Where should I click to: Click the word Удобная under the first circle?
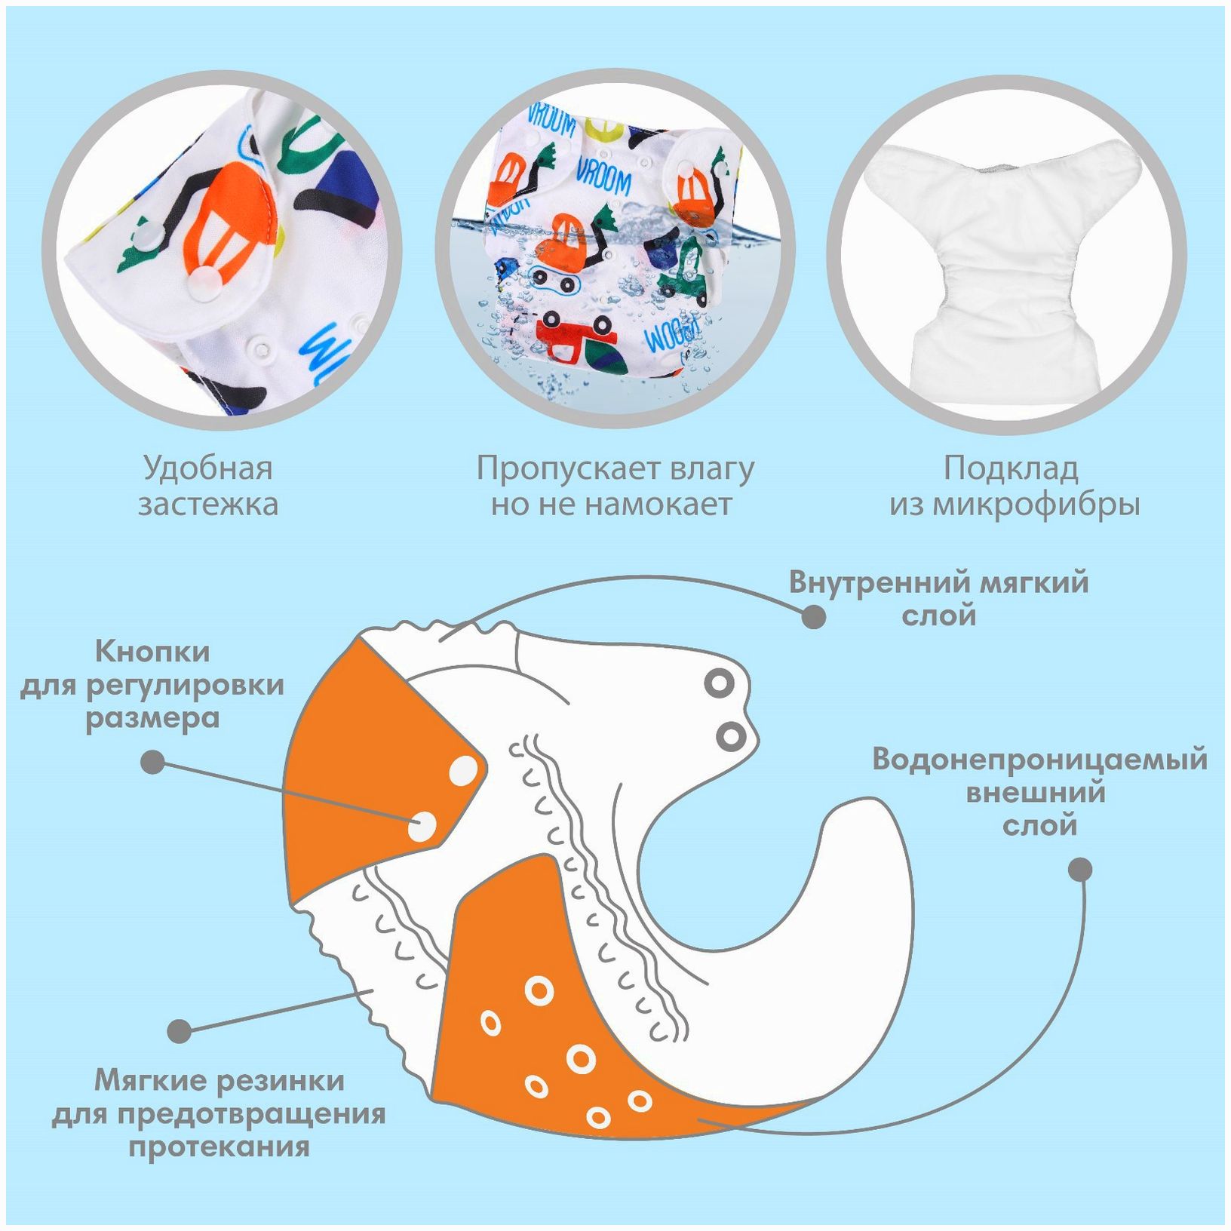pyautogui.click(x=207, y=468)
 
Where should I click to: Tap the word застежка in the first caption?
pyautogui.click(x=207, y=504)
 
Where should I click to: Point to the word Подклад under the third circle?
pyautogui.click(x=1011, y=468)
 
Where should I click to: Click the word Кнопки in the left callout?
pyautogui.click(x=152, y=651)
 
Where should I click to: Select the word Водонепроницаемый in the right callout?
pyautogui.click(x=1039, y=759)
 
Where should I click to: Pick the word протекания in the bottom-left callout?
pyautogui.click(x=219, y=1147)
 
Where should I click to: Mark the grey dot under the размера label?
pyautogui.click(x=153, y=762)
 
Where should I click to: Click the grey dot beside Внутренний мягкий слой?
pyautogui.click(x=813, y=617)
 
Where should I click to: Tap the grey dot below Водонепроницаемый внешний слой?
pyautogui.click(x=1080, y=869)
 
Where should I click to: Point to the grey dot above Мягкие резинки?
pyautogui.click(x=180, y=1030)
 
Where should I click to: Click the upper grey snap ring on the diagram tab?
pyautogui.click(x=719, y=684)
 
